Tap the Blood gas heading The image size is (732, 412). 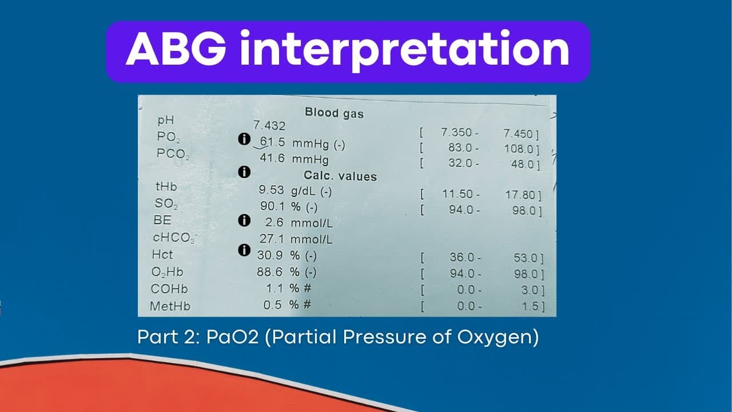[x=334, y=113]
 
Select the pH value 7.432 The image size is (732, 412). [x=269, y=125]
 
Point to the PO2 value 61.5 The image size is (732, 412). [x=273, y=142]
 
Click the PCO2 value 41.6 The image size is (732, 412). [x=273, y=158]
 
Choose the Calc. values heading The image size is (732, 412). [x=340, y=176]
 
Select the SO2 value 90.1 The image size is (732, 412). [x=272, y=207]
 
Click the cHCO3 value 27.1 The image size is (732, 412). [x=272, y=239]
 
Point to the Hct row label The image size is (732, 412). [x=162, y=253]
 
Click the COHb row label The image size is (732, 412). [x=169, y=289]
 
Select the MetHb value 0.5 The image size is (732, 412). [x=273, y=304]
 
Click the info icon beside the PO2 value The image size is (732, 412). [x=244, y=139]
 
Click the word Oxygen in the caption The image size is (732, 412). [x=498, y=338]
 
